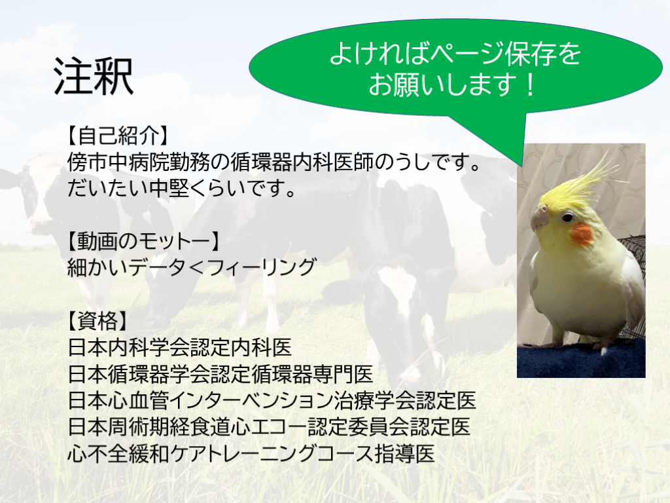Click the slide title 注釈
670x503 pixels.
94,77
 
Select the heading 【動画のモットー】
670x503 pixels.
144,241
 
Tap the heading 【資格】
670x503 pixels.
98,320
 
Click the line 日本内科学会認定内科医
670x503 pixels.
180,347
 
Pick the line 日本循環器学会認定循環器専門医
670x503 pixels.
220,374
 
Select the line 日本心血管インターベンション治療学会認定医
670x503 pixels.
272,400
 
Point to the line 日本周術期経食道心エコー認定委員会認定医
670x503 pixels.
269,426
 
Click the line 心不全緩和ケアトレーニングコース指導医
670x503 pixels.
251,453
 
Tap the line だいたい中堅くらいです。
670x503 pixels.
183,188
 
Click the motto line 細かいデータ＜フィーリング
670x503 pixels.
192,267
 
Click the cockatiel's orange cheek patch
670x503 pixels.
582,234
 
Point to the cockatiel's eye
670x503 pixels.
567,217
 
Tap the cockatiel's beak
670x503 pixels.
539,219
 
